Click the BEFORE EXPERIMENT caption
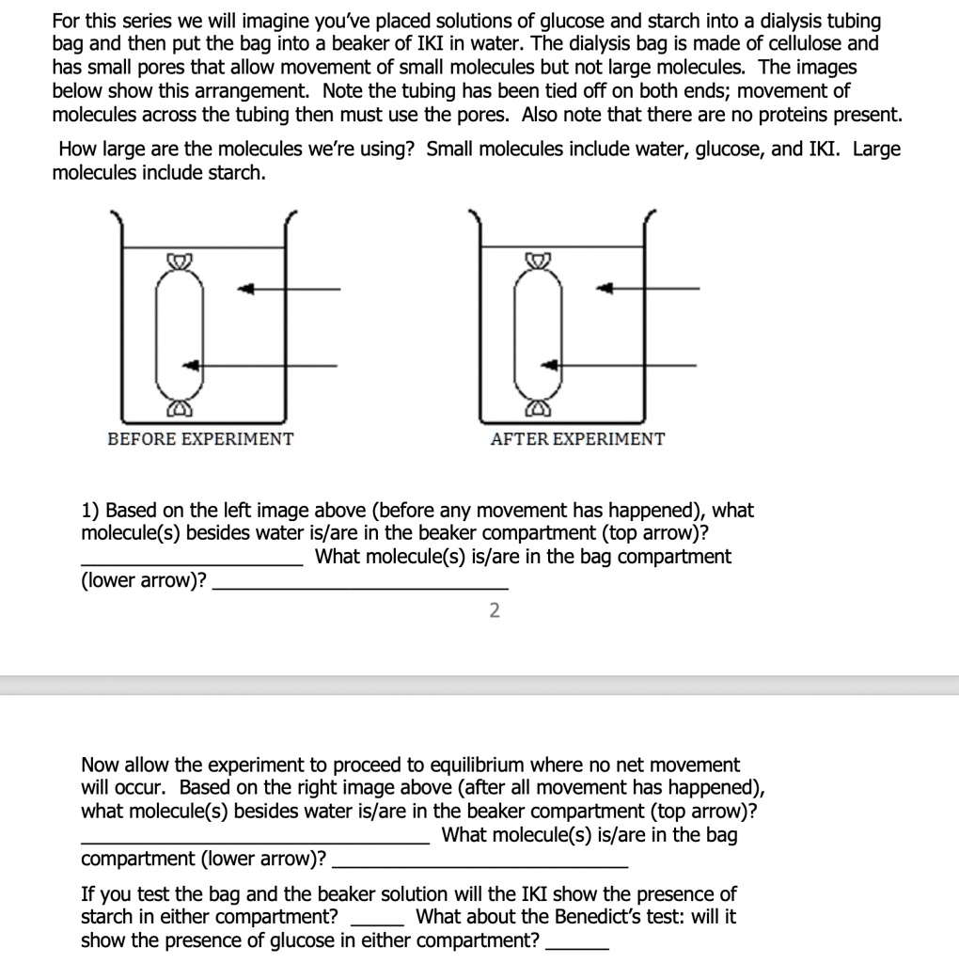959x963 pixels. tap(200, 439)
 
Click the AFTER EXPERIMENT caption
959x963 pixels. tap(577, 439)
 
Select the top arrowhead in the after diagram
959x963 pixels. tap(606, 288)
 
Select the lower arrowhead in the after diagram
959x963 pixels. tap(553, 364)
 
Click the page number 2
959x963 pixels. tap(495, 611)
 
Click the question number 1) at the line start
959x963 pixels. tap(91, 511)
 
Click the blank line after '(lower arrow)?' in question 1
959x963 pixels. tap(361, 587)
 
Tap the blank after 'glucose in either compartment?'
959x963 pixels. tap(577, 949)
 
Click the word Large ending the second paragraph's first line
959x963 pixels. tap(876, 150)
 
